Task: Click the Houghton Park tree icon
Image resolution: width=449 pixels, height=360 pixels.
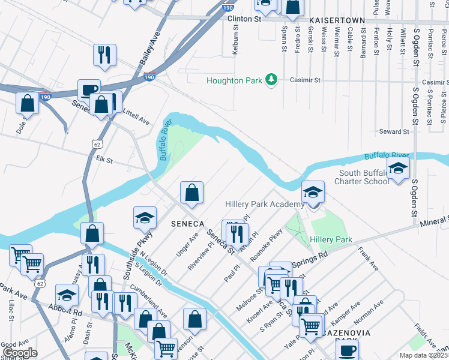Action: click(271, 80)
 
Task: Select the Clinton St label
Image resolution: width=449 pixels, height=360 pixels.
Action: click(245, 19)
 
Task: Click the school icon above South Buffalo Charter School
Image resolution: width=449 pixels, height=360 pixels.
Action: click(398, 169)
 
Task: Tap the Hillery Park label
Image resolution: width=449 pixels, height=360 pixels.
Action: click(330, 239)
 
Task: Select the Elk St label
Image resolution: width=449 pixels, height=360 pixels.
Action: click(104, 160)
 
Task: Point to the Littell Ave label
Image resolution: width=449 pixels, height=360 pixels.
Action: click(136, 121)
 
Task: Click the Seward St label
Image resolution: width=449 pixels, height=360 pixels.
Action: click(394, 131)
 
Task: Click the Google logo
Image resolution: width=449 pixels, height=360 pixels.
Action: click(20, 353)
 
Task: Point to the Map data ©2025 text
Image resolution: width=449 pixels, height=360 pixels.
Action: click(423, 355)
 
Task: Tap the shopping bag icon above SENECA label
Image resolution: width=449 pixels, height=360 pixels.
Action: click(192, 193)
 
